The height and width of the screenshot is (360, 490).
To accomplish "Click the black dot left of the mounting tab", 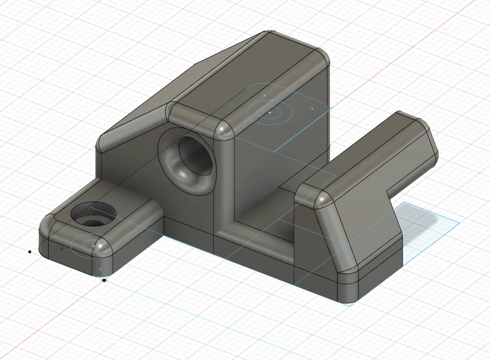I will [x=30, y=252].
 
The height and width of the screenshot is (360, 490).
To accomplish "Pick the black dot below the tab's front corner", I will [x=104, y=280].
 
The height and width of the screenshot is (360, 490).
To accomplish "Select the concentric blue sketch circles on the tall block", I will [x=269, y=112].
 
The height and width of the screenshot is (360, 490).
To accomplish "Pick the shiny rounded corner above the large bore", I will [x=223, y=130].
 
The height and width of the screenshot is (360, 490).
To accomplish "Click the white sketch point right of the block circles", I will [x=313, y=108].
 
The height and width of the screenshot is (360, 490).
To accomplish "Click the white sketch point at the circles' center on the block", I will [x=269, y=112].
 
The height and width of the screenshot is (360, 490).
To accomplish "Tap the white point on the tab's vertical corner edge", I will [x=100, y=269].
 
